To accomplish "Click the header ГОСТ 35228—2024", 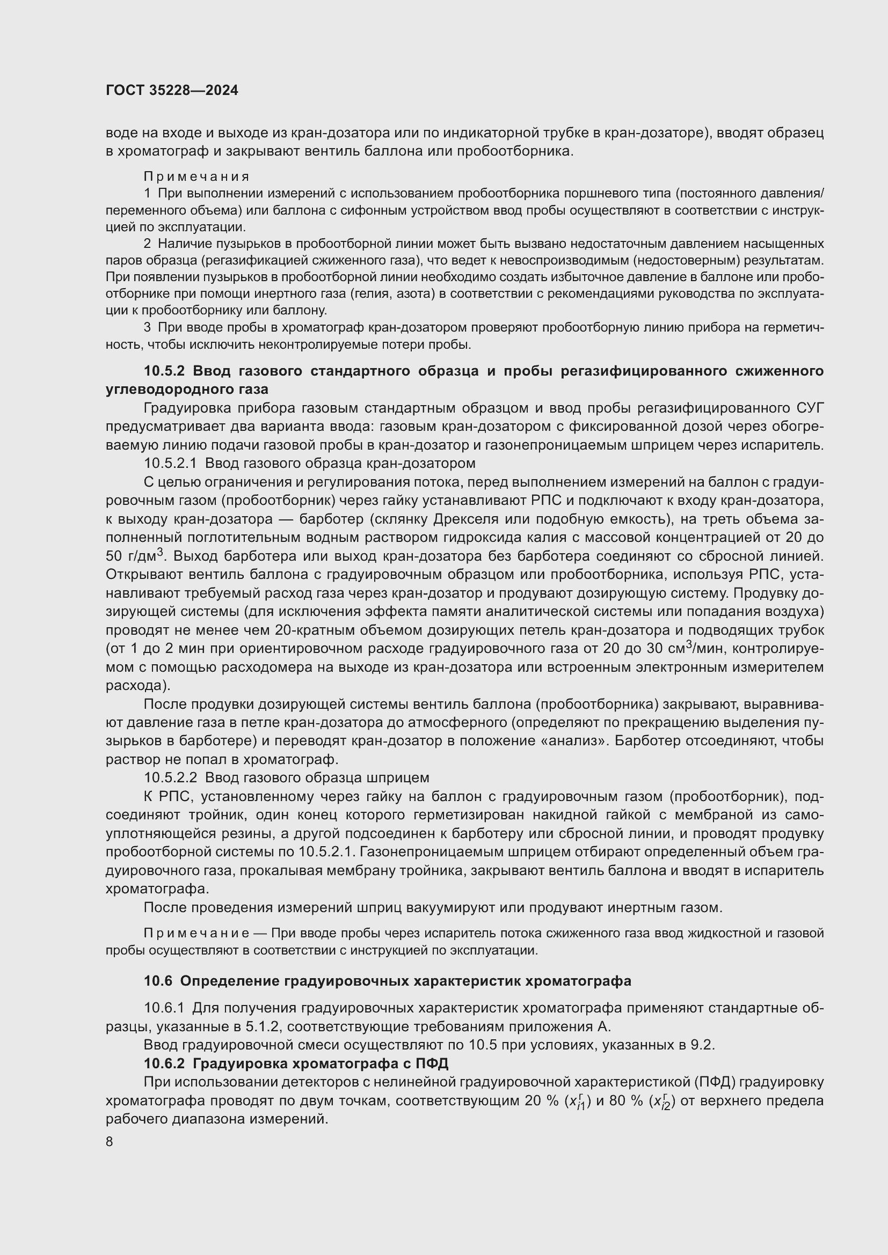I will pos(172,91).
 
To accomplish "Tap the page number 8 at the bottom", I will pos(110,1142).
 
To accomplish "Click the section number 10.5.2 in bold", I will pos(165,371).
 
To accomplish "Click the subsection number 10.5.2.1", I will pos(170,464).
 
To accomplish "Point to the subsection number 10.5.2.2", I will pos(170,777).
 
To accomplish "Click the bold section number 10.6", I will pos(158,981).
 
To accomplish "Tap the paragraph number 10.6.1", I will pos(164,1008).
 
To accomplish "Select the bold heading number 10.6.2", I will pos(165,1063).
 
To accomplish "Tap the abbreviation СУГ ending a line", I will pos(807,408).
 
